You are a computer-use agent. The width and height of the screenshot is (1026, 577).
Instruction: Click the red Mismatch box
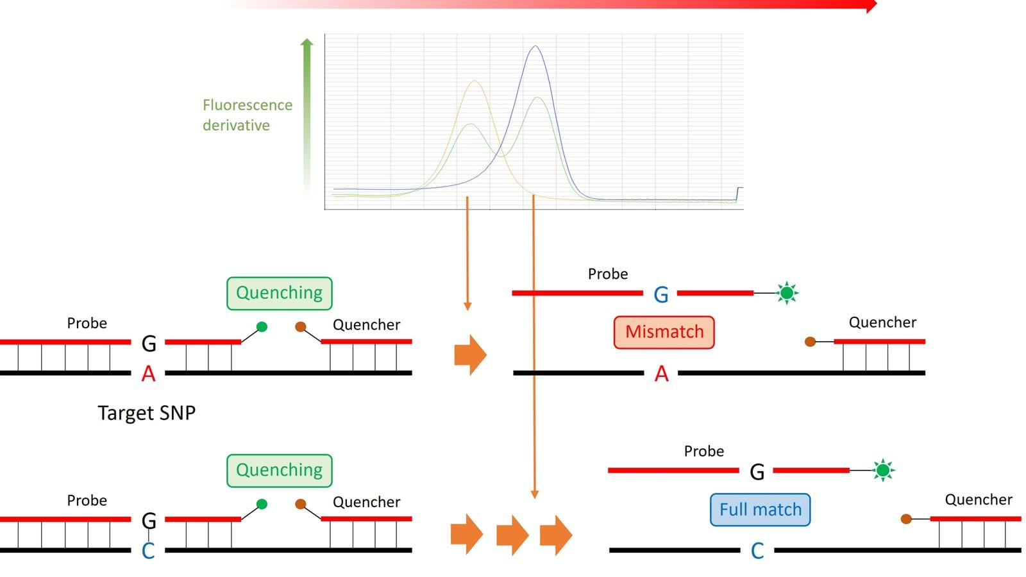664,332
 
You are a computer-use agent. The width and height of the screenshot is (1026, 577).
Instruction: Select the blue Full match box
760,510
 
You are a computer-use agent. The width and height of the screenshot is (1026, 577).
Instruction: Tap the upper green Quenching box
279,293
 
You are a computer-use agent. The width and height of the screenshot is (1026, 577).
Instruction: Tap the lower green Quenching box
279,471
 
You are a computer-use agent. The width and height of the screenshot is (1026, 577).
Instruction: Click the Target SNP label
146,413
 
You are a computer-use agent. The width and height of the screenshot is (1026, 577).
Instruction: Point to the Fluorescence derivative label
247,115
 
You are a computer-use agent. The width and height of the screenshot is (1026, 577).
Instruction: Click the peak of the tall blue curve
535,46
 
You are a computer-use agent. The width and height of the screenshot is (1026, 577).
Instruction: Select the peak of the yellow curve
474,81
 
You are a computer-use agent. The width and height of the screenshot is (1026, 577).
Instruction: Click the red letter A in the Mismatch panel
661,373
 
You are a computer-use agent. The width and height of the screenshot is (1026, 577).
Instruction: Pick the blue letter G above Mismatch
661,294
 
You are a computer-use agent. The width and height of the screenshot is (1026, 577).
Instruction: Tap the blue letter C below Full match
757,551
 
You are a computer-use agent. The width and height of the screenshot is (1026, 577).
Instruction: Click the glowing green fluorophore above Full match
883,471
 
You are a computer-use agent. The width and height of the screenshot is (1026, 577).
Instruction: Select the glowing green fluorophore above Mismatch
787,293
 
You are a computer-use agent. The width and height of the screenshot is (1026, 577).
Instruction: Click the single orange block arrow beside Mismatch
470,355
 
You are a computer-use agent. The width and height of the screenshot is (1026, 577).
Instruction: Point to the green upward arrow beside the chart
307,115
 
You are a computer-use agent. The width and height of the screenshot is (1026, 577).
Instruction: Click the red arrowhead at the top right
871,6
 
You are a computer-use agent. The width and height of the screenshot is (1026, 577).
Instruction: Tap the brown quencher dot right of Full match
906,519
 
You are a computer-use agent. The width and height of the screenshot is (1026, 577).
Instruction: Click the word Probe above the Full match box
703,451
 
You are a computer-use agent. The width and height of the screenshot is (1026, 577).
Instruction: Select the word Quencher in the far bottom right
978,499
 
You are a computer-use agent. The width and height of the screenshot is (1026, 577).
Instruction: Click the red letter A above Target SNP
148,373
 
